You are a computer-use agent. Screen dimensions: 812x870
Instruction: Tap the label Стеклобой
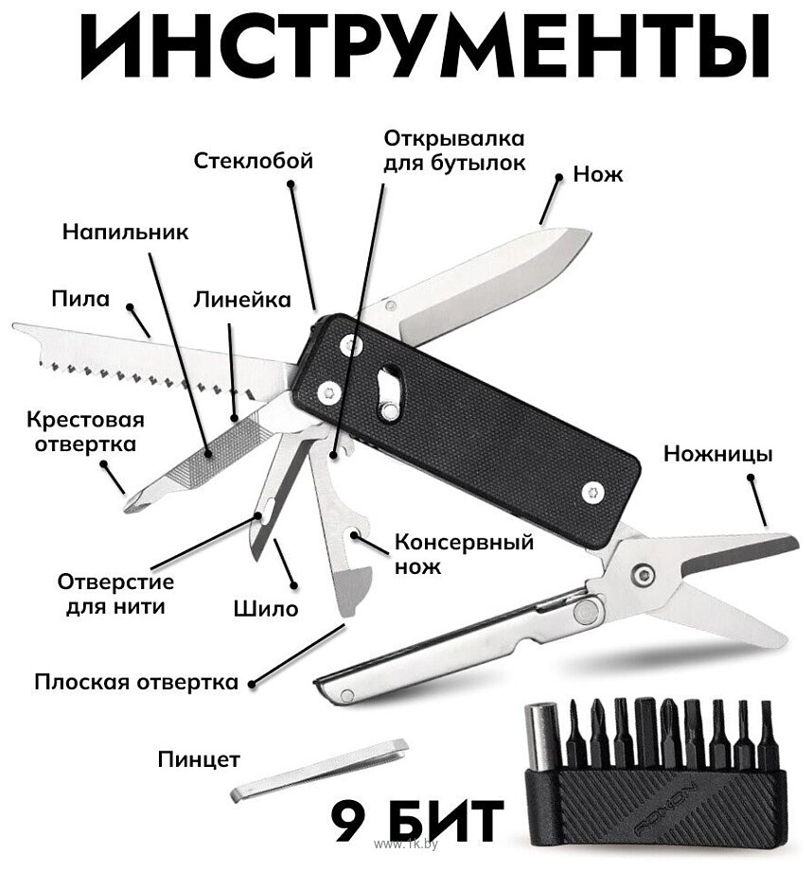(x=254, y=161)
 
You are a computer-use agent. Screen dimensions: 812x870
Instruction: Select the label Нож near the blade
(x=597, y=174)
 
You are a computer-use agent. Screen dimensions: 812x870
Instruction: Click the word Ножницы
(x=717, y=455)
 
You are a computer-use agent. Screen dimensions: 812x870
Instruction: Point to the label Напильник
(x=126, y=232)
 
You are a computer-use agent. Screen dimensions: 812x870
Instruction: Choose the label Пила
(x=80, y=299)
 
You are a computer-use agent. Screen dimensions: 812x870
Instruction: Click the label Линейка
(x=242, y=300)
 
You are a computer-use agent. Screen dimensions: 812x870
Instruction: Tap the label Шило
(x=266, y=609)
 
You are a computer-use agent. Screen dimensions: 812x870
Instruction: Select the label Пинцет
(x=199, y=759)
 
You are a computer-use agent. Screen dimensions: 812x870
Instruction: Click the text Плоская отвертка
(x=136, y=682)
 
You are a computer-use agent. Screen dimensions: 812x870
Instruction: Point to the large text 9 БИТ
(x=416, y=821)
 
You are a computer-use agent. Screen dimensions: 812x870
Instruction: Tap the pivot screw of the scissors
(x=644, y=574)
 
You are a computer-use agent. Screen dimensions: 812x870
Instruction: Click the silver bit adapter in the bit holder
(x=538, y=738)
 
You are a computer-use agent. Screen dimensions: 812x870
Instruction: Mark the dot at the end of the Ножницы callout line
(x=750, y=478)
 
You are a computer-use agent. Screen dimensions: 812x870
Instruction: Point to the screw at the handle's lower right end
(x=592, y=492)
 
